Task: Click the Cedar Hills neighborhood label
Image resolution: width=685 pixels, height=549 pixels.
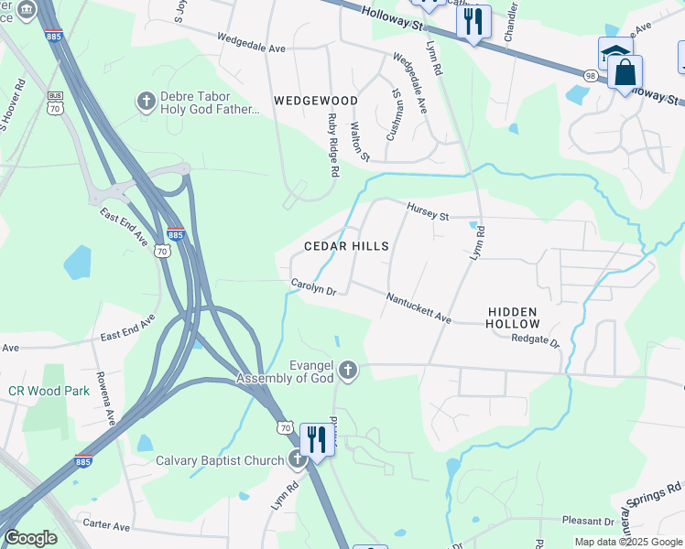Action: pyautogui.click(x=346, y=246)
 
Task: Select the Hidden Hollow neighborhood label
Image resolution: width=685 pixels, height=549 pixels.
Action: pyautogui.click(x=512, y=318)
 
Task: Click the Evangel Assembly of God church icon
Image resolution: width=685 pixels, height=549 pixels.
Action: pyautogui.click(x=347, y=371)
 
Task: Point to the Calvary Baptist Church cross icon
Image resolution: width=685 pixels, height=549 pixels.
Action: pyautogui.click(x=295, y=460)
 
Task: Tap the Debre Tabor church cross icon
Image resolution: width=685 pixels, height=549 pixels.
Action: pyautogui.click(x=146, y=100)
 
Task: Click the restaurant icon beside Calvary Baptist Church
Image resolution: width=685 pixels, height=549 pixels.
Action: pyautogui.click(x=316, y=440)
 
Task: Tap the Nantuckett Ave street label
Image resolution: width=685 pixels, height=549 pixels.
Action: pyautogui.click(x=419, y=307)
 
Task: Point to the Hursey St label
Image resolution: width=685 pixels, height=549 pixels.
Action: pyautogui.click(x=428, y=212)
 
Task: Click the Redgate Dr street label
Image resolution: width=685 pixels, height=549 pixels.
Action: pyautogui.click(x=535, y=339)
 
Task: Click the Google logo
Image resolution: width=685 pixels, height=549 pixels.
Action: pyautogui.click(x=30, y=538)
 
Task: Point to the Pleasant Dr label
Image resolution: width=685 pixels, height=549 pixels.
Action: pyautogui.click(x=590, y=521)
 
